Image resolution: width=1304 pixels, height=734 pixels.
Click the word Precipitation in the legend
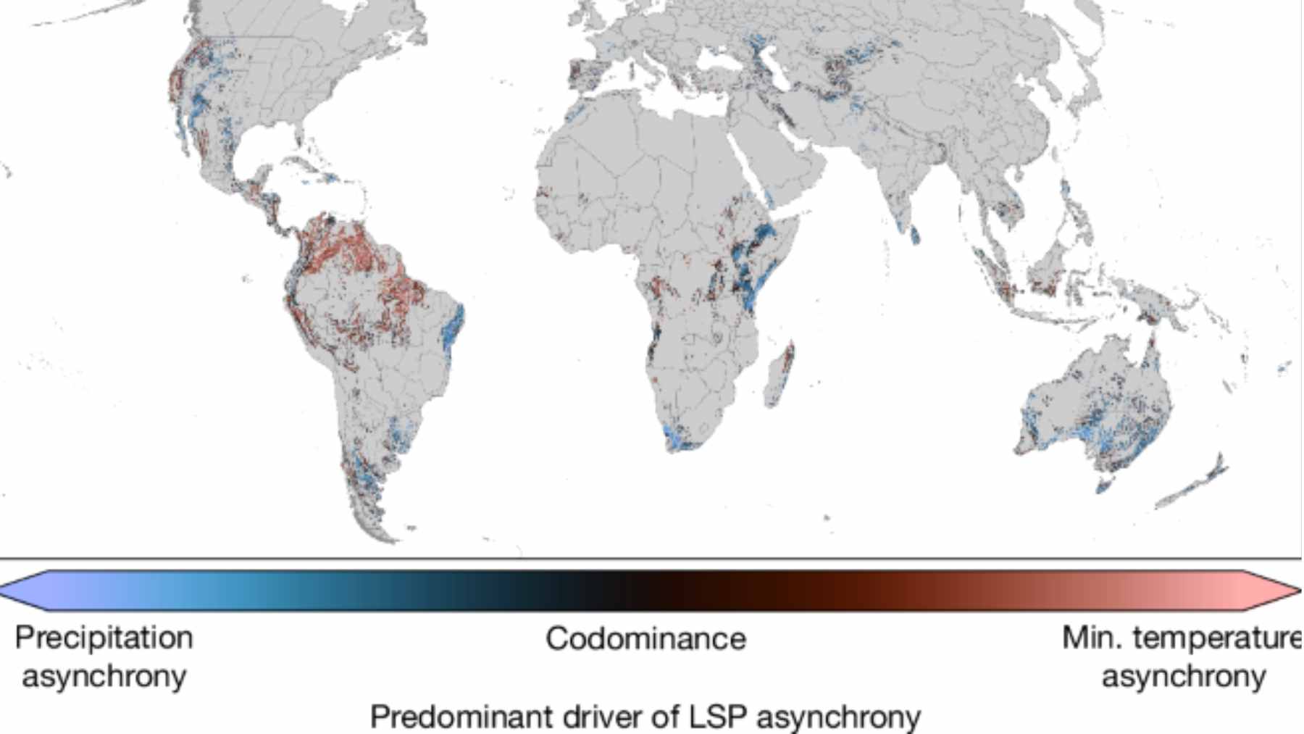104,638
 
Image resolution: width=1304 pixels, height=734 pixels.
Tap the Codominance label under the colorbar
645,638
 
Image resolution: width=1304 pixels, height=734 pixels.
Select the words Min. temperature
1181,638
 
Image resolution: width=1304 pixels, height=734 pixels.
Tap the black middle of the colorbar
645,590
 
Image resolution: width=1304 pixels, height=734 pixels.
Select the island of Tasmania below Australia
1103,483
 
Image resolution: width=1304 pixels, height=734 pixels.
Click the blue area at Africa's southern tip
677,438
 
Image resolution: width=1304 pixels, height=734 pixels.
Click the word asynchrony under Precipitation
104,676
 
